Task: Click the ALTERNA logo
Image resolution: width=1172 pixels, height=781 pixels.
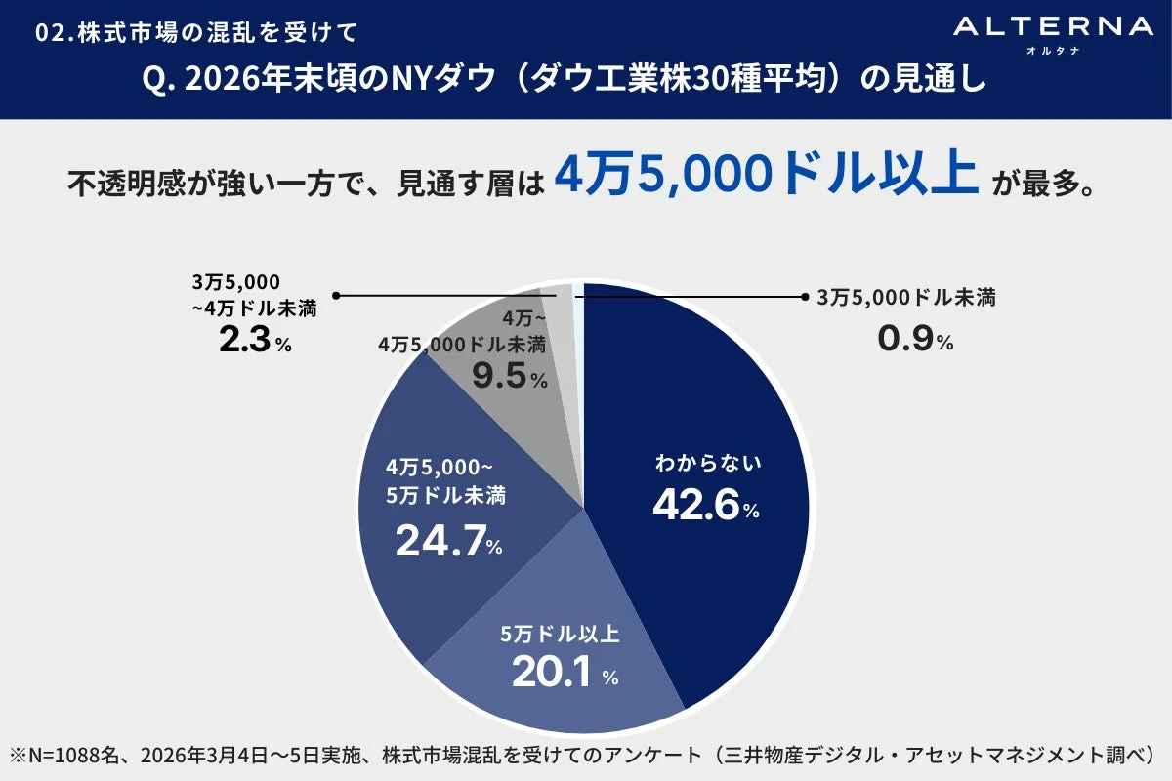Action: pyautogui.click(x=1053, y=27)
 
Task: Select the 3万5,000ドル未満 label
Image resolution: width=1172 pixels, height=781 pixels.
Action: pyautogui.click(x=905, y=298)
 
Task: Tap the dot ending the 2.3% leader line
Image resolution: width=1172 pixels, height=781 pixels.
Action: pyautogui.click(x=336, y=295)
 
